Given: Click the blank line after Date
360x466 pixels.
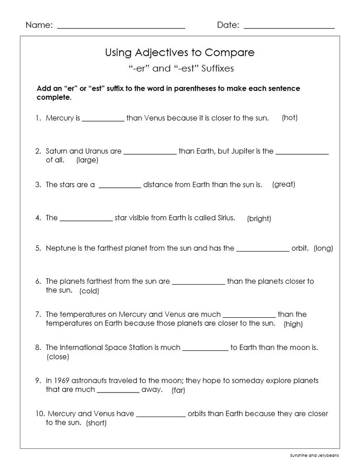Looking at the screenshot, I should coord(289,27).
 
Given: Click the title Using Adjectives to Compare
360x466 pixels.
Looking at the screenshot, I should coord(180,53).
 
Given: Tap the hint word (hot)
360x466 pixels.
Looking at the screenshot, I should coord(289,117).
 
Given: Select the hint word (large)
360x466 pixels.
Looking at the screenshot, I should coord(87,160).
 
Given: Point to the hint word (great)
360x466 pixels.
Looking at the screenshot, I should coord(283,184).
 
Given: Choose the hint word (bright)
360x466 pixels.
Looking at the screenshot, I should coord(259,218).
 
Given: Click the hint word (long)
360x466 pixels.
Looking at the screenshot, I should coord(323,248).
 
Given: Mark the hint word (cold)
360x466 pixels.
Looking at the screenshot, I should coord(89,291).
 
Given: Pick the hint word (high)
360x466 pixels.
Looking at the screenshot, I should coord(293,324).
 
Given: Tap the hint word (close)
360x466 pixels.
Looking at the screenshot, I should coord(58,357).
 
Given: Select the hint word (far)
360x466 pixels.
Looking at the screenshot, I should coord(178,390).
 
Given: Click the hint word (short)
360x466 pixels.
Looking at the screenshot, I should coord(96,423).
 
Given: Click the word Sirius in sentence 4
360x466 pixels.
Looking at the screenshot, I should coord(225,218).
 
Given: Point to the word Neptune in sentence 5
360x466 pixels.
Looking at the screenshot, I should coord(59,248).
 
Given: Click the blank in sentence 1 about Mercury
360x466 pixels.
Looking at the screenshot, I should coord(103,120).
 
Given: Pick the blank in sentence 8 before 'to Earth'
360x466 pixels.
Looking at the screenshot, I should coord(205,349).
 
